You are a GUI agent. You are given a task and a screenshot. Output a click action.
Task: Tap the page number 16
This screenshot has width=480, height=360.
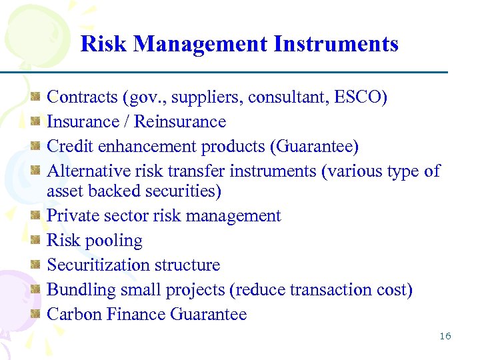pos(445,336)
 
